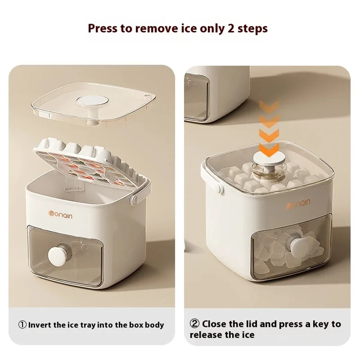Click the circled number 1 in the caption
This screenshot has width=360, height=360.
[x=22, y=325]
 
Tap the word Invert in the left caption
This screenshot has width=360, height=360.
[x=40, y=325]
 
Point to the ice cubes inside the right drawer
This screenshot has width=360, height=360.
[x=280, y=250]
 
